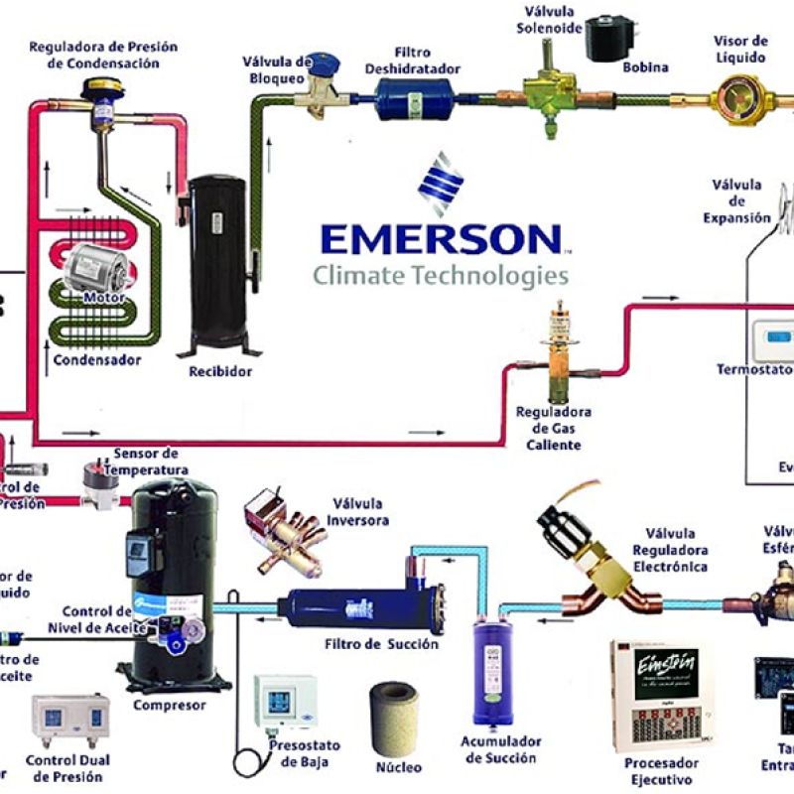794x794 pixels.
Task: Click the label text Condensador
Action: click(96, 359)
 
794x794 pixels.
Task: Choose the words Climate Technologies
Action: click(441, 275)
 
